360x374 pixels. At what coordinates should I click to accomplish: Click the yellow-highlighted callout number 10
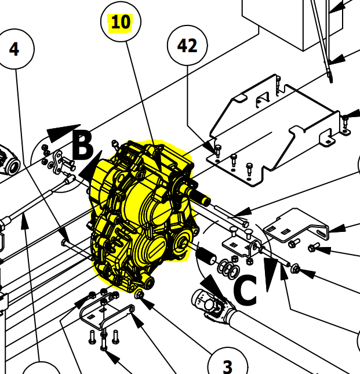(121, 23)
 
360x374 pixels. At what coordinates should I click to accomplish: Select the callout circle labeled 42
(187, 46)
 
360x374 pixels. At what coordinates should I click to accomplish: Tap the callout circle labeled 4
(14, 49)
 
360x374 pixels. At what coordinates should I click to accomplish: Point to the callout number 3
(227, 365)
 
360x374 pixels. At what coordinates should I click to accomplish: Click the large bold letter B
(82, 146)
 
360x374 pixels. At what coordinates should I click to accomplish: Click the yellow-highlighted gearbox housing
(139, 215)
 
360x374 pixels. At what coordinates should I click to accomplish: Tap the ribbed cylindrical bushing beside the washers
(207, 255)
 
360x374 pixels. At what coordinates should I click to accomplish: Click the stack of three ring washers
(227, 268)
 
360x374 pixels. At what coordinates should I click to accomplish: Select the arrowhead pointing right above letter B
(64, 133)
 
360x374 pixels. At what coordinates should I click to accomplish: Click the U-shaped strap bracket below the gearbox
(104, 313)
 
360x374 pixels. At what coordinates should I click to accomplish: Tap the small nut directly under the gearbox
(140, 296)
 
